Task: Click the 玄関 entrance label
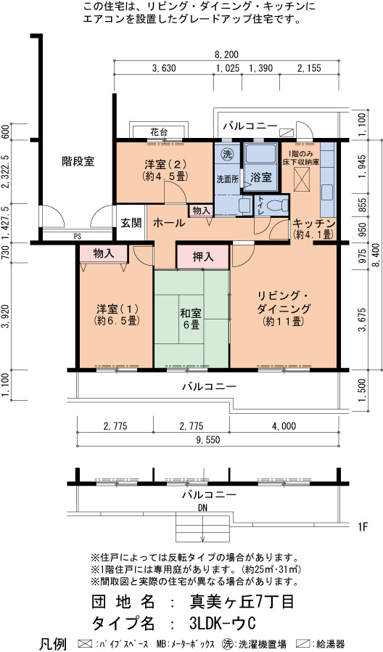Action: (131, 224)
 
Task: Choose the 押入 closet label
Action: (203, 257)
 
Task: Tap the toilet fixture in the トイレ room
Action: (276, 205)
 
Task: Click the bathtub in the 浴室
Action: (260, 155)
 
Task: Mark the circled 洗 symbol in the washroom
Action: (227, 154)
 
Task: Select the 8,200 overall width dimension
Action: (226, 54)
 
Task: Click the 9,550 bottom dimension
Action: (207, 440)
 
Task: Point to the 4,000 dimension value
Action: (284, 426)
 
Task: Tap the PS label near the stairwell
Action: (78, 236)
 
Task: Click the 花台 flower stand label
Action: (159, 133)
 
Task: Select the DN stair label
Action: (203, 508)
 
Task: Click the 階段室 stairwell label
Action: (78, 161)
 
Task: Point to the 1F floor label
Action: (363, 527)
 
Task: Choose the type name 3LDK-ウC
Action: (222, 623)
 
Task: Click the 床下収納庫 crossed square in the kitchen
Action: (302, 179)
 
